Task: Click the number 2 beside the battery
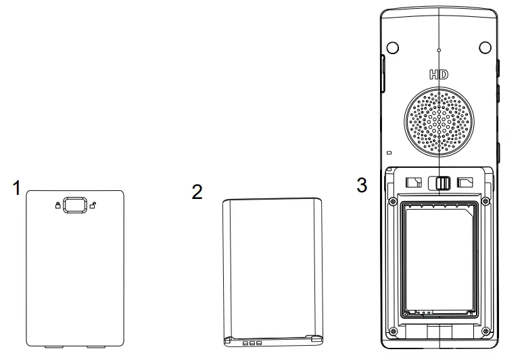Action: tap(197, 192)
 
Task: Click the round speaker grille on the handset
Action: tap(439, 122)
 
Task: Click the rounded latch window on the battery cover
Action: tap(74, 205)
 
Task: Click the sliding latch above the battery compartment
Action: tap(444, 183)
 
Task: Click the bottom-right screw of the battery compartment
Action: tap(485, 331)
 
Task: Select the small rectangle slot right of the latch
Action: tap(467, 182)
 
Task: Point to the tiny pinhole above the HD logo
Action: tap(439, 51)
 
